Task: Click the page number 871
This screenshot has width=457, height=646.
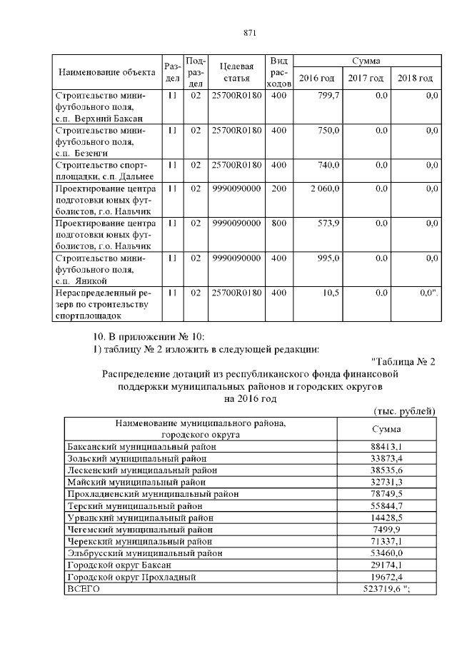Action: [x=249, y=33]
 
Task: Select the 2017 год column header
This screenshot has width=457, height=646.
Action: [x=366, y=78]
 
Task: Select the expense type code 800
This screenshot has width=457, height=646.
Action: [x=278, y=223]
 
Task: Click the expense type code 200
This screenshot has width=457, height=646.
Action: [x=278, y=188]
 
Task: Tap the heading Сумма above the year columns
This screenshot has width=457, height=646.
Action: [x=366, y=61]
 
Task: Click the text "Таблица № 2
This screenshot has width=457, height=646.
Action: [x=403, y=360]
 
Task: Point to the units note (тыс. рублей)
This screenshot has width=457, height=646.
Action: [x=405, y=412]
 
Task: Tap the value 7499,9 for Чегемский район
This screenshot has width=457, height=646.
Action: [x=387, y=530]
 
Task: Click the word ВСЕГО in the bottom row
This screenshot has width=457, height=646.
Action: [x=83, y=589]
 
